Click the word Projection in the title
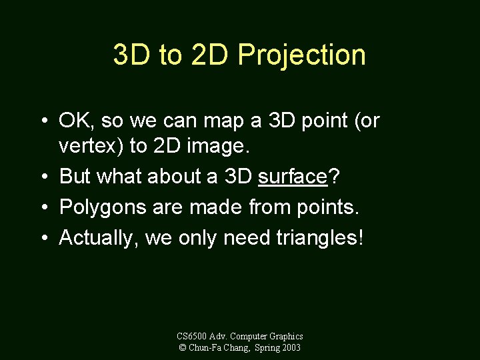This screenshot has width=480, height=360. [301, 55]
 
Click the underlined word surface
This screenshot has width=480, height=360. [292, 176]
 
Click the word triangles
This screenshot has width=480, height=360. [320, 238]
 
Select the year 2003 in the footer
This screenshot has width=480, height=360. [291, 347]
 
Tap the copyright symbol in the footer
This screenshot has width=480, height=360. [182, 347]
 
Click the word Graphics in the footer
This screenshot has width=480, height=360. [286, 337]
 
